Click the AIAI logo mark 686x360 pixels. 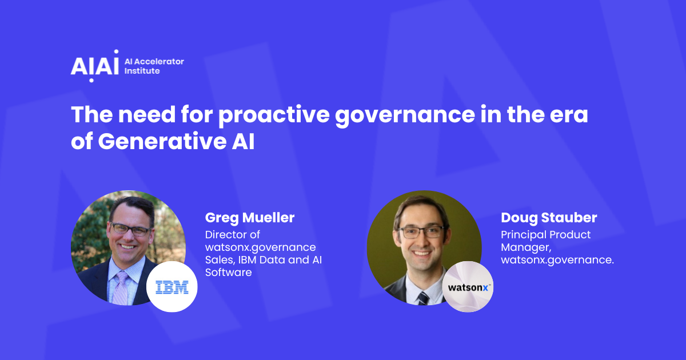(x=94, y=65)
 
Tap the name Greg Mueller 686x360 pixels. (x=250, y=218)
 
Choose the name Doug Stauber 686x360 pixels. (x=548, y=218)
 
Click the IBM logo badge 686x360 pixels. (x=171, y=287)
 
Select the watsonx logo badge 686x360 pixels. (x=468, y=287)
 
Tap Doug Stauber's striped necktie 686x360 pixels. (x=423, y=298)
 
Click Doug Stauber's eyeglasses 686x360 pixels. (x=421, y=232)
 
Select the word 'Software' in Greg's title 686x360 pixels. (x=228, y=273)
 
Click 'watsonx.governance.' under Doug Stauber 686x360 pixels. (x=557, y=260)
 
